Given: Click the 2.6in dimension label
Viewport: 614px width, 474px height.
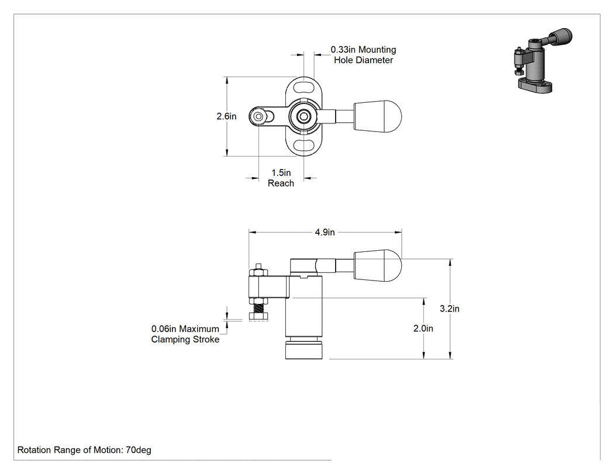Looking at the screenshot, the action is (226, 116).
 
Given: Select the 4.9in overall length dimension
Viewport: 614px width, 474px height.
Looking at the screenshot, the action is (325, 232).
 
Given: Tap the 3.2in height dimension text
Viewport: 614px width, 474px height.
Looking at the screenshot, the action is (450, 309).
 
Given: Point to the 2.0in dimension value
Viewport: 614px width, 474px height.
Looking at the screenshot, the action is (423, 328).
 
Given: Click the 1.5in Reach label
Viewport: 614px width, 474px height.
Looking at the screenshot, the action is (281, 178).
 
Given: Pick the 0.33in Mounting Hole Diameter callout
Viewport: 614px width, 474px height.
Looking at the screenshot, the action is (363, 55).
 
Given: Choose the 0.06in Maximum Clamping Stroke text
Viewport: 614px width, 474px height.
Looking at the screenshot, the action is (185, 334).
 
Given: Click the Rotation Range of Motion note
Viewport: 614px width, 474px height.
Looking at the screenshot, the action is (84, 449).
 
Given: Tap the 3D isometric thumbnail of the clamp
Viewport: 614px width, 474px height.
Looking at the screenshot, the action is (542, 60).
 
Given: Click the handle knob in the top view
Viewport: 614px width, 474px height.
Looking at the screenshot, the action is (378, 116).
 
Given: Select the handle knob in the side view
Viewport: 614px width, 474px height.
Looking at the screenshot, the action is (378, 266).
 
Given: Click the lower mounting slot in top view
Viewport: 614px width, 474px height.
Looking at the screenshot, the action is (304, 146).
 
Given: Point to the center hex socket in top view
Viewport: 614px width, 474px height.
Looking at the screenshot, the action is (303, 116).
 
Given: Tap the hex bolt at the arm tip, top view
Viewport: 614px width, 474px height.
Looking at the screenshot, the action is (258, 117).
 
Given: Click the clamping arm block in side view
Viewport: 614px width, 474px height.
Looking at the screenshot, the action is (268, 287).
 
